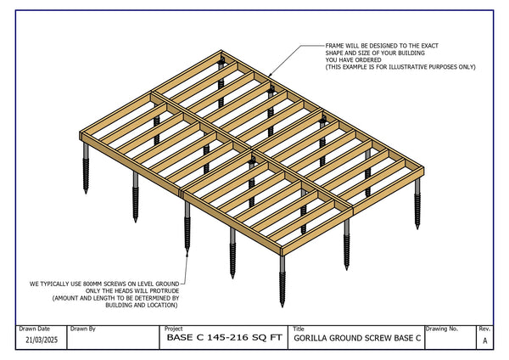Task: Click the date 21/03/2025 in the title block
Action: coord(41,340)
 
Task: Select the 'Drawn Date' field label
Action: coord(34,328)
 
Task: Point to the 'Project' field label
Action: coord(174,328)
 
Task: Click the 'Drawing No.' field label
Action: coord(442,328)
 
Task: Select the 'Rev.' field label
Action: coord(484,328)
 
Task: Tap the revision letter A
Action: coord(484,340)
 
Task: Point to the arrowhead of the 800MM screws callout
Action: coord(186,251)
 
